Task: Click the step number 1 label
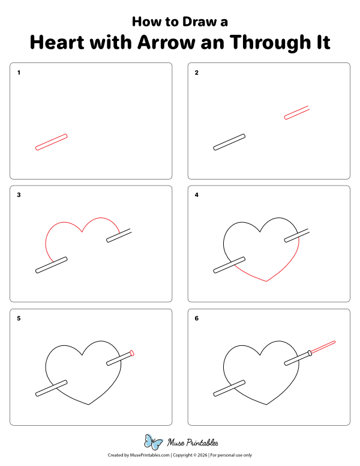tap(19, 73)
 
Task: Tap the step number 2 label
tap(197, 73)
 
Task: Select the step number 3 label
tap(19, 195)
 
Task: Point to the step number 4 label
tap(197, 195)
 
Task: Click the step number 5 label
tap(19, 318)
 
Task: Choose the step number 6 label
tap(197, 318)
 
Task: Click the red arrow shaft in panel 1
tap(52, 142)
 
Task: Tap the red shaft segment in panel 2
tap(296, 113)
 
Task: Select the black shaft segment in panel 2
tap(229, 142)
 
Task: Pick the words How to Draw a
tap(179, 22)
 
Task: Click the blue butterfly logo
tap(154, 443)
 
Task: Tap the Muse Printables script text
tap(192, 443)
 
